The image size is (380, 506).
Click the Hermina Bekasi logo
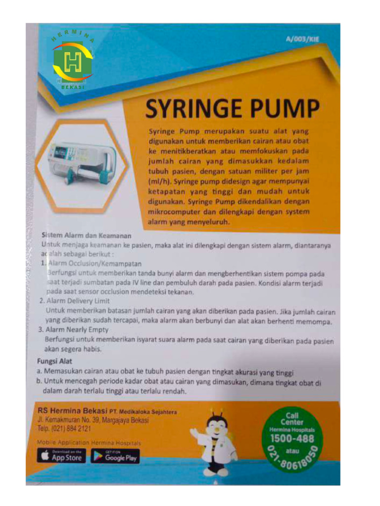72,62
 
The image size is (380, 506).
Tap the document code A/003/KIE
302,40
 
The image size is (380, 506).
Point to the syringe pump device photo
82,163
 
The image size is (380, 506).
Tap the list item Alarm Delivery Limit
78,301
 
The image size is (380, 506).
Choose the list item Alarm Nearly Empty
77,329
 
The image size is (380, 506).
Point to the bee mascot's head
217,424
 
